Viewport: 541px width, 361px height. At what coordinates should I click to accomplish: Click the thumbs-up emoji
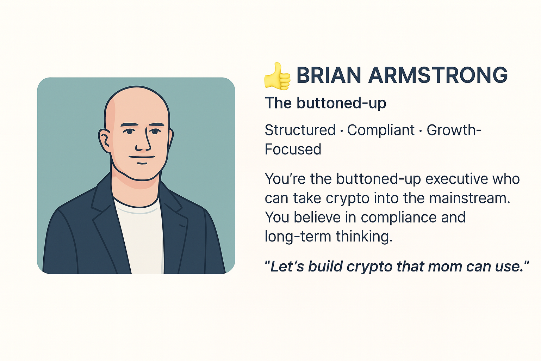click(277, 76)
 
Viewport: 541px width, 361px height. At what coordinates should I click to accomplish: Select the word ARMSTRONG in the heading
click(438, 75)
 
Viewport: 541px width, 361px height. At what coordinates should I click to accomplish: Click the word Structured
click(300, 130)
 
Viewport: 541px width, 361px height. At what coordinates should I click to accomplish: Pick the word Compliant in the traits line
click(381, 130)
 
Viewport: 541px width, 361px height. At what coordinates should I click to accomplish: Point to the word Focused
click(293, 149)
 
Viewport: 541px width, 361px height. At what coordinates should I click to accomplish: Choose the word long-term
click(298, 236)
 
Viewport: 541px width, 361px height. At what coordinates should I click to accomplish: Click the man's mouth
click(142, 157)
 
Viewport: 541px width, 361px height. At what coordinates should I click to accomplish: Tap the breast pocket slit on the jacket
click(182, 225)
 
